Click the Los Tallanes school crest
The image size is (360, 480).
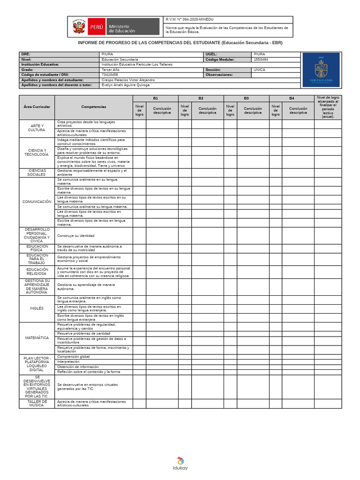click(x=321, y=69)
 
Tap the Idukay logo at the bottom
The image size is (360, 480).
click(x=180, y=463)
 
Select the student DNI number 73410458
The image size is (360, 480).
click(x=110, y=75)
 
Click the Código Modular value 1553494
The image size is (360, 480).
click(x=262, y=60)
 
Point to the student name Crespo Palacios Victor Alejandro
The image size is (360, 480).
click(x=128, y=80)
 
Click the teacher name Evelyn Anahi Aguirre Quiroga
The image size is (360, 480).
click(x=126, y=85)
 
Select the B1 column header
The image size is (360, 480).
click(x=155, y=98)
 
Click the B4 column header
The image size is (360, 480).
click(x=292, y=98)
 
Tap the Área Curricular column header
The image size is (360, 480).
click(x=37, y=107)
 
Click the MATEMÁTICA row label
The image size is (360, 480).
click(x=37, y=338)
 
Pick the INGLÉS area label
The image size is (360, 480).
click(x=37, y=308)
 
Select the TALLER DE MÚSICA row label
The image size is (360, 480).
click(x=37, y=403)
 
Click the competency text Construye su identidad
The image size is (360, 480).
click(x=76, y=235)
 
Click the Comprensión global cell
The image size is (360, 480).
click(x=74, y=357)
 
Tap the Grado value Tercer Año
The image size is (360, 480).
click(x=111, y=69)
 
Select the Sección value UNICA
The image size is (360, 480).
click(x=259, y=69)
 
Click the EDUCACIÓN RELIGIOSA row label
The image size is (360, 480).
click(x=37, y=272)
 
